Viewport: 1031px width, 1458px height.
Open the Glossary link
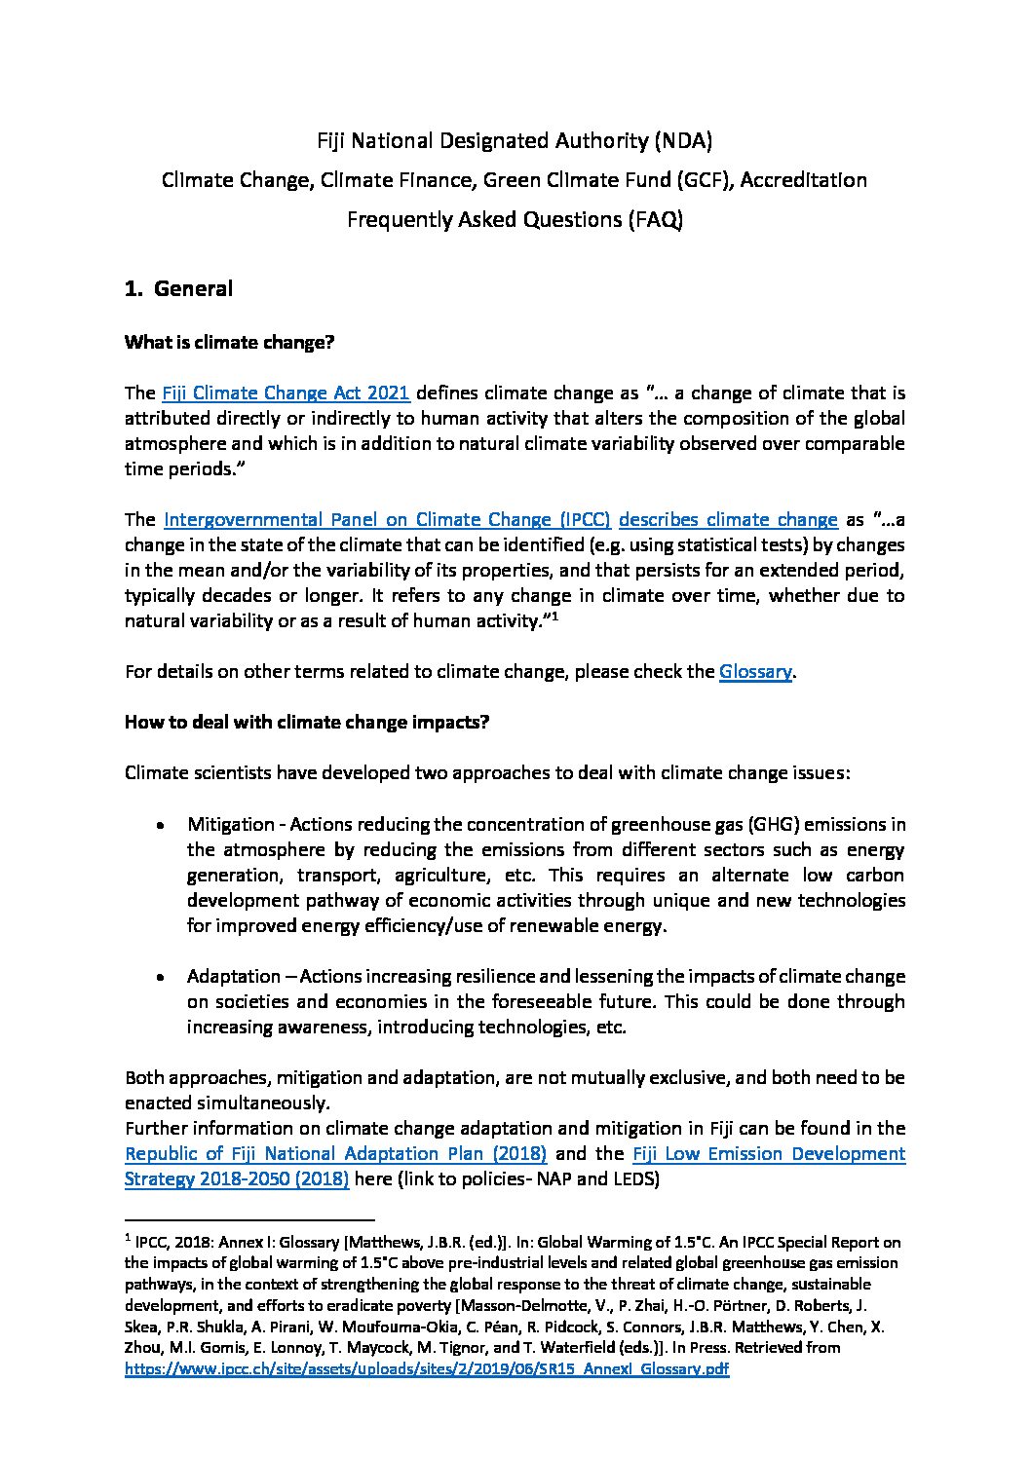754,671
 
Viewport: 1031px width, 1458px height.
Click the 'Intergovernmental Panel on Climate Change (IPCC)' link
387,519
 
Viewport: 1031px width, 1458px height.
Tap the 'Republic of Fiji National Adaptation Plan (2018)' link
335,1154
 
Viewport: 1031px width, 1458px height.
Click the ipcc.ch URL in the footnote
428,1368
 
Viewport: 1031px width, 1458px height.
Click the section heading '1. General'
178,289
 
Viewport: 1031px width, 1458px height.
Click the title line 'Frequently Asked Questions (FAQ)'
515,219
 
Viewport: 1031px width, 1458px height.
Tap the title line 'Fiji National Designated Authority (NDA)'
515,141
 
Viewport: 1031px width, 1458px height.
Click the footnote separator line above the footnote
250,1219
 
